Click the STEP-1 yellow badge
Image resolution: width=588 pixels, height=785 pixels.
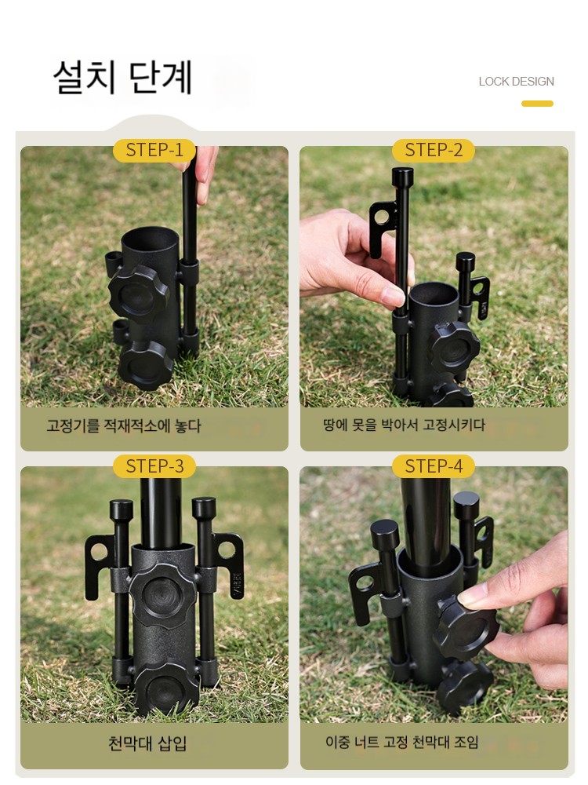coord(154,150)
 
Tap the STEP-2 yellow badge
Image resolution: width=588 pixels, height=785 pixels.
coord(433,150)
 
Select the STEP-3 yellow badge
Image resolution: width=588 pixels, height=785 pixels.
coord(154,466)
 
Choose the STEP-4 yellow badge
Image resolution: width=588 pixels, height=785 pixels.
coord(433,466)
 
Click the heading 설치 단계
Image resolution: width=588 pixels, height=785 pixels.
coord(123,78)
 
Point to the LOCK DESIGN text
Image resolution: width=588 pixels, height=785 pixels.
coord(516,82)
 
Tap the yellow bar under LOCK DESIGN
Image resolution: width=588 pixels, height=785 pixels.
coord(537,104)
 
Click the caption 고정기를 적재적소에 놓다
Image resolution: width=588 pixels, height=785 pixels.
coord(124,425)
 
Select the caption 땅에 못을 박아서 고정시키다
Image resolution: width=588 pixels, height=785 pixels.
coord(404,425)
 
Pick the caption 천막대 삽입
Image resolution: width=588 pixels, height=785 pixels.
coord(147,743)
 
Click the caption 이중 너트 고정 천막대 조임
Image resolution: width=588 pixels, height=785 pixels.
coord(402,742)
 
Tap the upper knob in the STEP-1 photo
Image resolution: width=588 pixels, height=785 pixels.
coord(138,291)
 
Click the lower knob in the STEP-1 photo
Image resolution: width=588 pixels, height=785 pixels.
coord(146,364)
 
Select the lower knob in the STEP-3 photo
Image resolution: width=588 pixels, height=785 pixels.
coord(165,688)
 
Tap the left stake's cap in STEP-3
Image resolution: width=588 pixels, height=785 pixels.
coord(122,510)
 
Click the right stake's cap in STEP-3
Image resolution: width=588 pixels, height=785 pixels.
coord(204,508)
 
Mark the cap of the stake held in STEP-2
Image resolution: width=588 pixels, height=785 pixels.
coord(402,177)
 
